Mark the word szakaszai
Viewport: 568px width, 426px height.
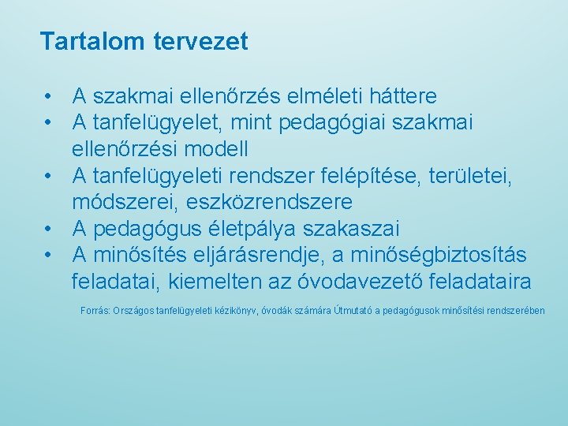[x=358, y=229]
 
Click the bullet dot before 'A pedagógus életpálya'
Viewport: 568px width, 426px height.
[x=49, y=229]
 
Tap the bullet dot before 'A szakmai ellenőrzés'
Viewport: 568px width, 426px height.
[x=49, y=97]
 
